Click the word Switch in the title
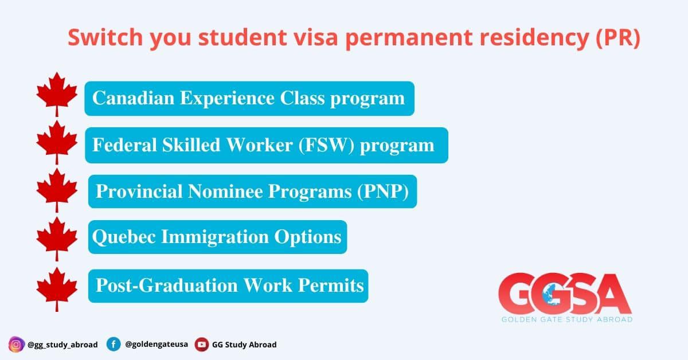[x=105, y=37]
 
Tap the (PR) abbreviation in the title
[x=618, y=38]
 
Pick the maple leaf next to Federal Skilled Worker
[x=57, y=142]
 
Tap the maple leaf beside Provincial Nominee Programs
[x=57, y=190]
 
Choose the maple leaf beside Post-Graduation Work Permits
[x=57, y=289]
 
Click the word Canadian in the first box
[x=133, y=98]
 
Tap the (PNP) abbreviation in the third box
[x=383, y=191]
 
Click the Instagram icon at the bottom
[x=16, y=345]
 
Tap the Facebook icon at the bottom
[x=114, y=345]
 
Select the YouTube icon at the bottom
[x=202, y=345]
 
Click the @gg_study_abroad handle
[x=62, y=345]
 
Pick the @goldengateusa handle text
[x=157, y=344]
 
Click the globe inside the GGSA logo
[x=552, y=294]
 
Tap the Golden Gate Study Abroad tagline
[x=567, y=319]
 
